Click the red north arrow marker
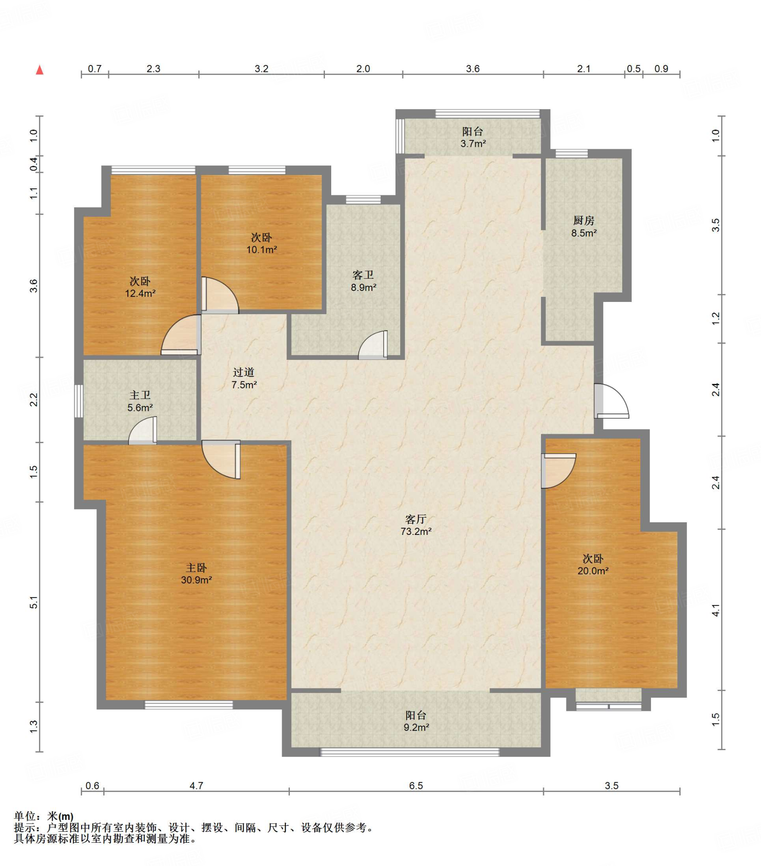tap(39, 69)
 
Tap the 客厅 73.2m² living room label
tap(415, 525)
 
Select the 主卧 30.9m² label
tap(196, 574)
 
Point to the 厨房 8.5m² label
tap(584, 226)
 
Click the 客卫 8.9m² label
tap(363, 281)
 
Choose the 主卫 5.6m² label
tap(140, 401)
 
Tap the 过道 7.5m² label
tap(244, 378)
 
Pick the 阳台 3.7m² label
tap(473, 137)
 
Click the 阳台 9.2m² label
tap(415, 721)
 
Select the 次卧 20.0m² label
tap(593, 565)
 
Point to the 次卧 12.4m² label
tap(140, 287)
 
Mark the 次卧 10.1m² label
tap(261, 243)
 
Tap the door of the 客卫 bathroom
tap(373, 345)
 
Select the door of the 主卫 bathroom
tap(143, 431)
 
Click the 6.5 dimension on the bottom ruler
tap(416, 786)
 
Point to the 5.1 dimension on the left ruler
tap(34, 602)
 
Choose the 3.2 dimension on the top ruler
tap(261, 69)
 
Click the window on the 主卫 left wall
tap(78, 401)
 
